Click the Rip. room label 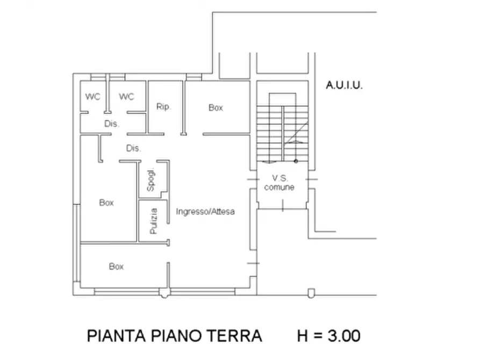(163, 106)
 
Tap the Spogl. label (151, 181)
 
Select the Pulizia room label (154, 220)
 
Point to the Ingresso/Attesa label (205, 212)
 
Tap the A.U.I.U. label (344, 85)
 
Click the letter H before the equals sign (304, 336)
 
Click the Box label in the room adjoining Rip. (216, 107)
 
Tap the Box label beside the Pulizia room (106, 203)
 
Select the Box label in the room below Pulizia (116, 266)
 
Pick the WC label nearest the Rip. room (126, 97)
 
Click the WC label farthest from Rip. (92, 97)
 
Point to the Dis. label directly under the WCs (111, 124)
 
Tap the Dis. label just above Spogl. (133, 148)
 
